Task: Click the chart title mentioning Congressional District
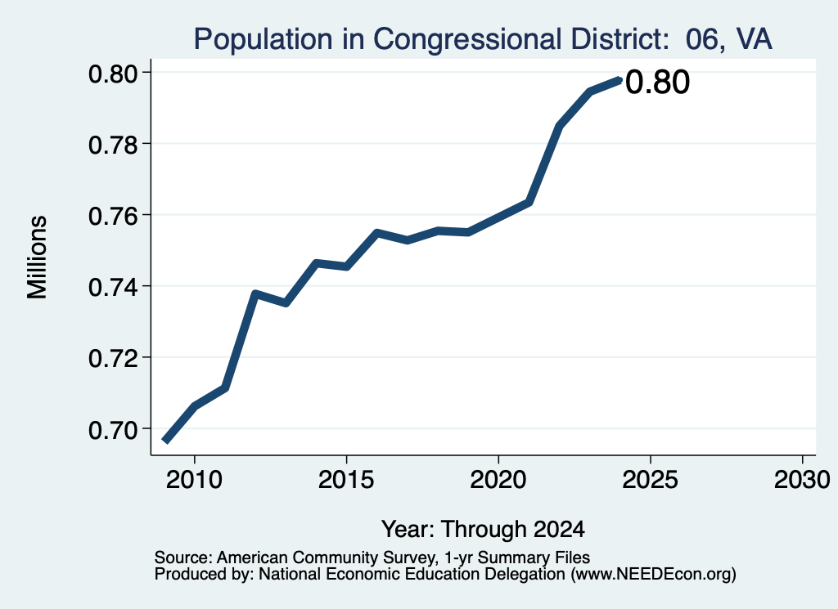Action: [x=483, y=39]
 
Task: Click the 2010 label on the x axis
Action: [x=194, y=479]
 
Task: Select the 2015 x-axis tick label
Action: [x=346, y=479]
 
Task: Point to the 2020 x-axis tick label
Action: [x=498, y=479]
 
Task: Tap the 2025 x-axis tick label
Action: [x=651, y=479]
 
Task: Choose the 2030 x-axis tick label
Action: [x=802, y=479]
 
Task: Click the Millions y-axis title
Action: [x=37, y=257]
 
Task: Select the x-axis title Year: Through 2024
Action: [x=483, y=529]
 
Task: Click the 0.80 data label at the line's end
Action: [x=657, y=83]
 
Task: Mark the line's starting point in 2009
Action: [x=165, y=441]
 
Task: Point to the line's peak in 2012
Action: [x=255, y=293]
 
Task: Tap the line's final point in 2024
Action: [x=619, y=80]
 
